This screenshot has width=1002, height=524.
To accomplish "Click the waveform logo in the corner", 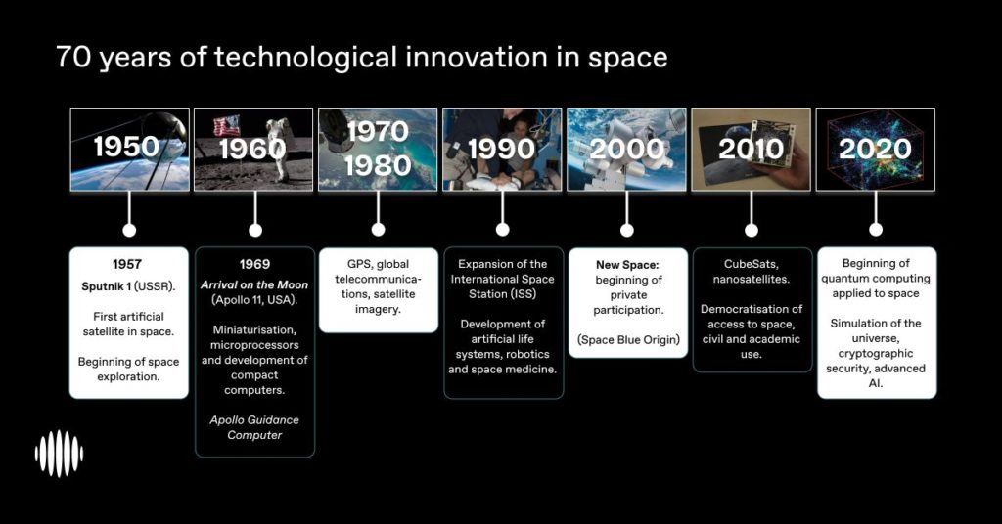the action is pos(59,454).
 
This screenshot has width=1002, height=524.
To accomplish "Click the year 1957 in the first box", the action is pos(127,264).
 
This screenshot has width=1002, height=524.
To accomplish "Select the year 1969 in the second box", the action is pos(254,264).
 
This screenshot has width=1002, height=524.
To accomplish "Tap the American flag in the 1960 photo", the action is pos(227,125).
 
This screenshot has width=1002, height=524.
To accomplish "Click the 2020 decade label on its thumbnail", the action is pos(875,149).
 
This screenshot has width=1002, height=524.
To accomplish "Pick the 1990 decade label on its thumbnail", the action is pos(502,149).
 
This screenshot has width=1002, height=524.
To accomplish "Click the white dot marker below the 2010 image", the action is pos(751,230).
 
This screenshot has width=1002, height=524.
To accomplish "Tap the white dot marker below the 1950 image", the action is pos(129,230).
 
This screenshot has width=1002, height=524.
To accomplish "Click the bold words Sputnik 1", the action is pos(106,286).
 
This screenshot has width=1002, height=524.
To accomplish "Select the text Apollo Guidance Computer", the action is pos(254,427).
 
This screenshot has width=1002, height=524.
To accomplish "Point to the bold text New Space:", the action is pos(627,264).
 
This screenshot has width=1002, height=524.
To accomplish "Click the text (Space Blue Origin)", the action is pos(628,340).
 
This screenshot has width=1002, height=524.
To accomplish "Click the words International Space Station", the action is pos(502,286).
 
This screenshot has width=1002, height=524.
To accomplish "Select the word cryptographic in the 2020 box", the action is pos(876,354).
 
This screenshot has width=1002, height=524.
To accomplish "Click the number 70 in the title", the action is pos(73,57).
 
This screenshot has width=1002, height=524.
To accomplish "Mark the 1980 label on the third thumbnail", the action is pos(378,166).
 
